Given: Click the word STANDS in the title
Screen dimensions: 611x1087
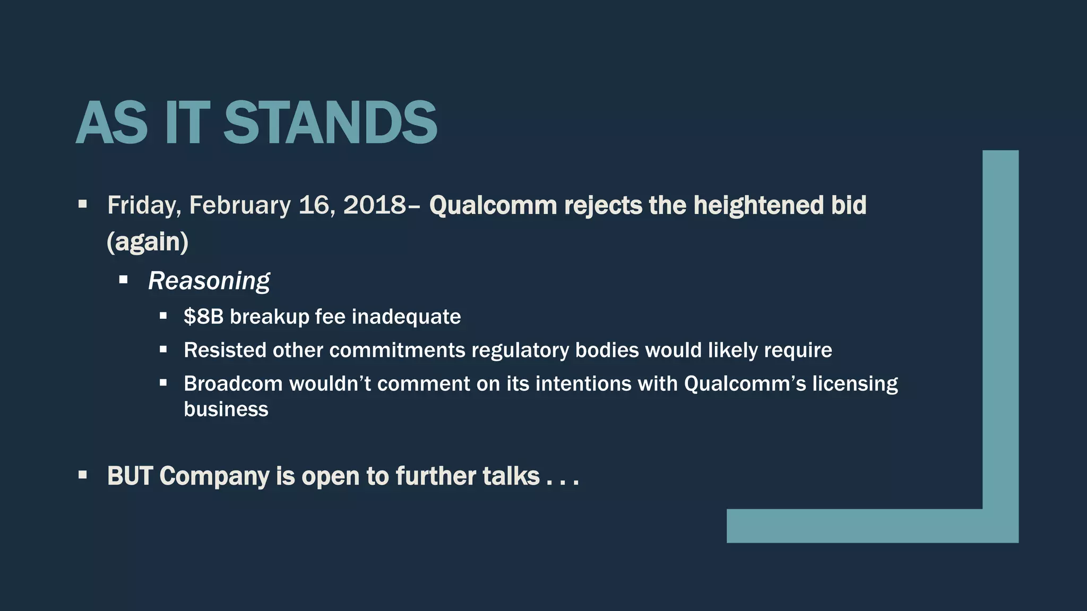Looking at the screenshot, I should pos(330,123).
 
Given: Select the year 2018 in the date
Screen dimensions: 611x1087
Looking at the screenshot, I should pos(374,205).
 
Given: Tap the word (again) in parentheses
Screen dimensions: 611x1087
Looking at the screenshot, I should pos(148,242).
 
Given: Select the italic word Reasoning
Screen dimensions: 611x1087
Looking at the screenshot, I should pos(209,281).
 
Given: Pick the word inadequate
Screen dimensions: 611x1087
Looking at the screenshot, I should pos(406,317).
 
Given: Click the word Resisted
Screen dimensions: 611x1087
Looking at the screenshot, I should pos(225,350).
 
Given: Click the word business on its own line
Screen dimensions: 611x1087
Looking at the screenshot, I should pos(226,409).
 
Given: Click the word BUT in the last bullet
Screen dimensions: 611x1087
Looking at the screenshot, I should pos(130,476).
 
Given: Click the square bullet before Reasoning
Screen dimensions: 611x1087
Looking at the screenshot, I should pos(124,280).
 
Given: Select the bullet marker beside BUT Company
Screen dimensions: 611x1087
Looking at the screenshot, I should pos(82,475).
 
